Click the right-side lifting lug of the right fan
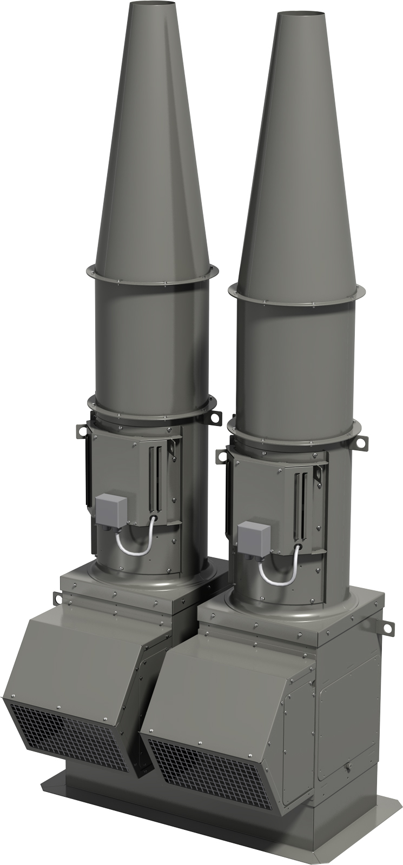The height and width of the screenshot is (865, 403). tap(359, 439)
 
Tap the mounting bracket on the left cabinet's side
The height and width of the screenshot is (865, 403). tap(58, 597)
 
